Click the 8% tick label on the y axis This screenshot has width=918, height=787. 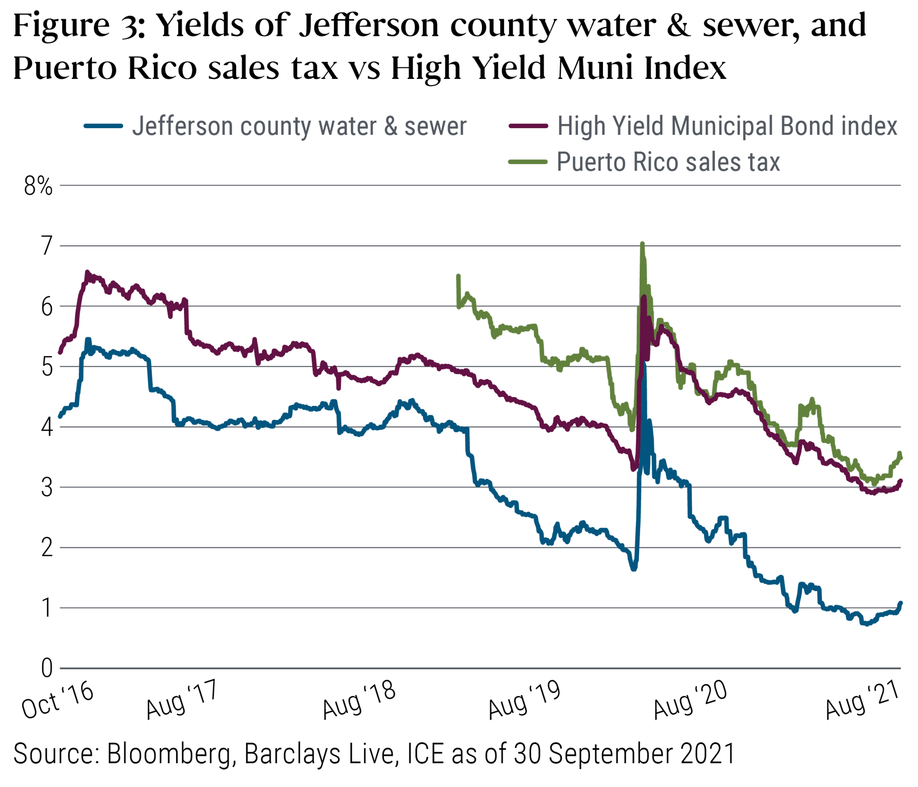(x=38, y=186)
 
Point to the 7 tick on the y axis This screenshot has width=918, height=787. (x=46, y=246)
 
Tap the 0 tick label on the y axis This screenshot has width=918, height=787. (x=46, y=668)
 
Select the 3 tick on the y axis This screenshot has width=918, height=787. (x=46, y=488)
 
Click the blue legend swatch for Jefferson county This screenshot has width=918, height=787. (x=104, y=126)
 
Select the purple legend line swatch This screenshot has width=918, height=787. (x=528, y=126)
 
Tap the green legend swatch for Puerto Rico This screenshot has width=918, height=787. (x=528, y=162)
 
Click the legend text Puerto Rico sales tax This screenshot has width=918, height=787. (x=668, y=162)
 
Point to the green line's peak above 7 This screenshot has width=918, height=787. (x=642, y=244)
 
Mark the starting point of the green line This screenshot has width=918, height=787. (x=459, y=276)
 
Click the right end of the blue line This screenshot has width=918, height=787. (x=901, y=603)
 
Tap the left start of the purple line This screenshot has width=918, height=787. (x=60, y=352)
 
